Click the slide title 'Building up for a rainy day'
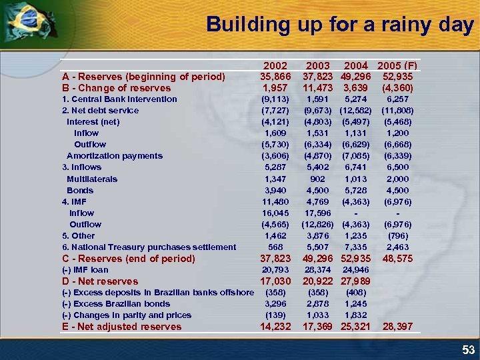pyautogui.click(x=340, y=25)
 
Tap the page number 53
pyautogui.click(x=468, y=350)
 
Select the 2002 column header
pyautogui.click(x=275, y=65)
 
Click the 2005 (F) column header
pyautogui.click(x=397, y=65)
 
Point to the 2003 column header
pyautogui.click(x=317, y=65)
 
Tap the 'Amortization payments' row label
pyautogui.click(x=114, y=156)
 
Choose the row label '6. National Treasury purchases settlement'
pyautogui.click(x=149, y=247)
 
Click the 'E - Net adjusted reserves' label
pyautogui.click(x=121, y=327)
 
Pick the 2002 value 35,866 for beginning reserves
pyautogui.click(x=275, y=76)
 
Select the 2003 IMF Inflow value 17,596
pyautogui.click(x=318, y=213)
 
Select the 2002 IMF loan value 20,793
pyautogui.click(x=275, y=270)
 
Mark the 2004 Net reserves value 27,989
pyautogui.click(x=355, y=281)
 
